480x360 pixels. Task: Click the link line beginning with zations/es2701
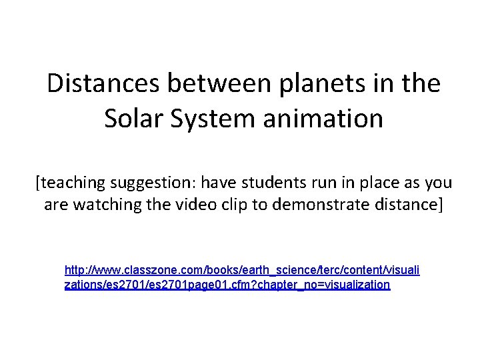[227, 285]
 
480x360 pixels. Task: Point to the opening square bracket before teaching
[39, 183]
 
